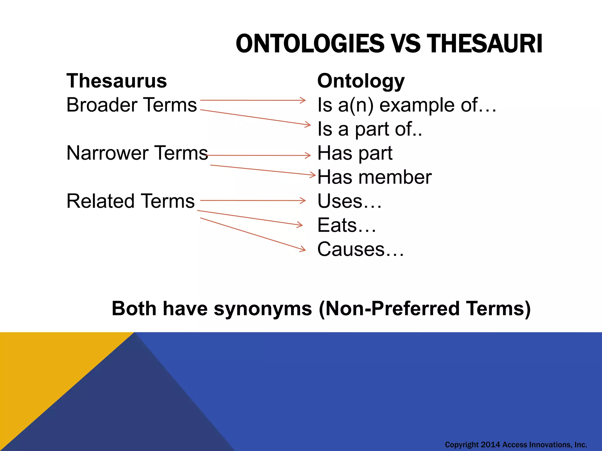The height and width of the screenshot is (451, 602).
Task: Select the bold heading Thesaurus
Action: click(117, 81)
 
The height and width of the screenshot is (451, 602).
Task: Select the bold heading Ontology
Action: click(361, 81)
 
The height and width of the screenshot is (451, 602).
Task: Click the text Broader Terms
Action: click(131, 105)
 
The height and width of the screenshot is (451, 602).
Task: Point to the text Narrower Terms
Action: click(137, 153)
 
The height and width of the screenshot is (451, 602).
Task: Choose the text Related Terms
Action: click(131, 201)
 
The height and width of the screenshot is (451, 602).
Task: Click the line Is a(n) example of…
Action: click(407, 105)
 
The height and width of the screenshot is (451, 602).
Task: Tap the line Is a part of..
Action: click(369, 129)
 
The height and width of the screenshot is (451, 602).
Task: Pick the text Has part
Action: click(355, 153)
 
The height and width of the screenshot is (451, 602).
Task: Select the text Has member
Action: click(374, 177)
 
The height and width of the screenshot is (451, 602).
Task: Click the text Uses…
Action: click(349, 201)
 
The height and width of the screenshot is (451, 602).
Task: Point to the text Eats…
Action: click(347, 225)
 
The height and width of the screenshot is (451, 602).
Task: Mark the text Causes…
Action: click(360, 250)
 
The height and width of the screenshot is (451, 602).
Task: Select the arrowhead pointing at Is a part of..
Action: click(308, 124)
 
